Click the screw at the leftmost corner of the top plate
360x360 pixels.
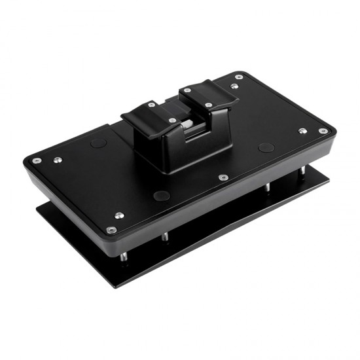click(x=36, y=160)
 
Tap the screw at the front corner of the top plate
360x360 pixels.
click(x=112, y=230)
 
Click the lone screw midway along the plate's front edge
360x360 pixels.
click(x=223, y=177)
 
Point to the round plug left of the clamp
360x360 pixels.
click(x=98, y=142)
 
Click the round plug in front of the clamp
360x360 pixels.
click(x=161, y=195)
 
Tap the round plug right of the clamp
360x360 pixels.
click(x=266, y=147)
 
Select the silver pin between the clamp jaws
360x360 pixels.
click(x=187, y=124)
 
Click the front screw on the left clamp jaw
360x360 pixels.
click(x=172, y=120)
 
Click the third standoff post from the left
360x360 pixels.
click(x=267, y=189)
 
